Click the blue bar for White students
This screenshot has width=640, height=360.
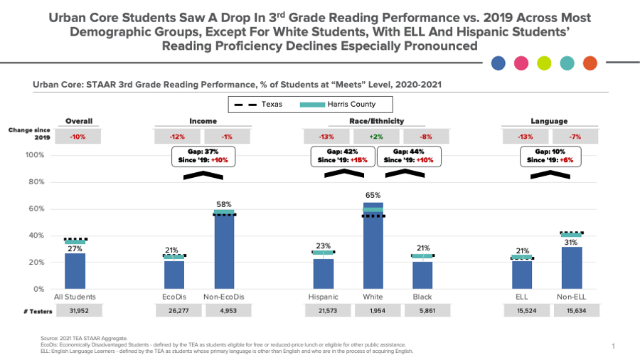(373, 249)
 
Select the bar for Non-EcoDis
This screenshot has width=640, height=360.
(224, 253)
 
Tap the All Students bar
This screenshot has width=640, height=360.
(75, 270)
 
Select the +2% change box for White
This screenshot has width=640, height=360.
(373, 137)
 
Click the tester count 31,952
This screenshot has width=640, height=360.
(75, 310)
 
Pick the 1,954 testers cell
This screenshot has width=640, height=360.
(373, 310)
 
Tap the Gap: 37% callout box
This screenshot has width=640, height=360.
(204, 157)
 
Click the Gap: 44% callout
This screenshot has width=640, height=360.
(409, 157)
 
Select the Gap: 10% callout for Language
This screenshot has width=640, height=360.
(550, 157)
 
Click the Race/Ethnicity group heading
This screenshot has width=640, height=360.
(373, 122)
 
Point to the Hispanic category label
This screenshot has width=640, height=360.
(324, 297)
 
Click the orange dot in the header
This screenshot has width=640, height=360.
(590, 63)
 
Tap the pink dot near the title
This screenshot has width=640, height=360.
(521, 63)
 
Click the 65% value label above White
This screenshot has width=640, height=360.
(373, 195)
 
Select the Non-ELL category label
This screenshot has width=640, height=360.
(572, 297)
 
